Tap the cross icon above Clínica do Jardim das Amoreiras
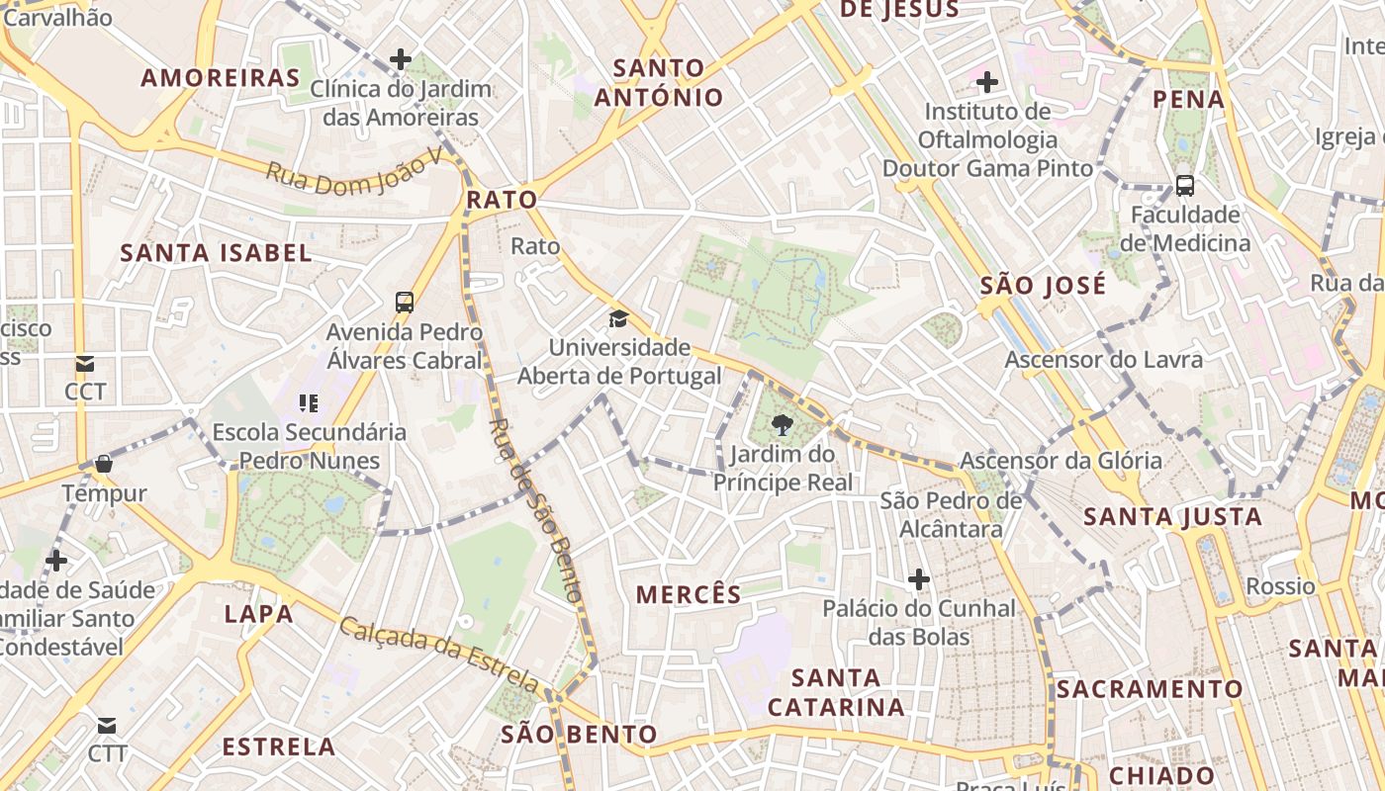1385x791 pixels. [x=401, y=59]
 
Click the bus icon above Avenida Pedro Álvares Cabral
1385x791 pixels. [x=405, y=302]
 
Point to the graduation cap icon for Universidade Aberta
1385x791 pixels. [x=619, y=318]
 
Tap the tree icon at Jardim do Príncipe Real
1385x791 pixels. [x=783, y=425]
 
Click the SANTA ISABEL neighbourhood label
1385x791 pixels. [x=216, y=252]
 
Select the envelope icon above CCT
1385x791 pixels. [x=85, y=364]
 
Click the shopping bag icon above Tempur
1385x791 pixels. [x=104, y=464]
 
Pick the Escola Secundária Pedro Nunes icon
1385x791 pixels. [x=309, y=403]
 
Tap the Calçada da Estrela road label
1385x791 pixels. [x=440, y=654]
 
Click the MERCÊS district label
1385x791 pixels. [x=689, y=594]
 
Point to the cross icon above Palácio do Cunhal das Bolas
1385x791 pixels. [x=919, y=578]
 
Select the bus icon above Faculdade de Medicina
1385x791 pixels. [x=1184, y=185]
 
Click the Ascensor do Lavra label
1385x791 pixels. [x=1104, y=359]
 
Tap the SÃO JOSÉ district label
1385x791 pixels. [x=1043, y=286]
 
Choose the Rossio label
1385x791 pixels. [x=1280, y=586]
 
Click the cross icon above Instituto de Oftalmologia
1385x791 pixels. [x=987, y=81]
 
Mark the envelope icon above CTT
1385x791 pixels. [x=107, y=727]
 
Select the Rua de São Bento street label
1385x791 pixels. [x=535, y=509]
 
